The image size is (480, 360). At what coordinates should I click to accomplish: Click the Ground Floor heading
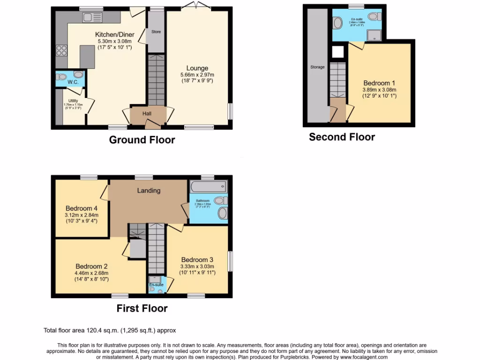142,140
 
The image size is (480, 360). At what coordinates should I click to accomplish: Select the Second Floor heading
342,137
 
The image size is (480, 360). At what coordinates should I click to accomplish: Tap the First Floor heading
142,308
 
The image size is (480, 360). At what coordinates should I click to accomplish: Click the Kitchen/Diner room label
115,34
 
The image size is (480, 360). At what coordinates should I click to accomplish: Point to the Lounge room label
197,68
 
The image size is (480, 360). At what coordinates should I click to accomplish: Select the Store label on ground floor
156,32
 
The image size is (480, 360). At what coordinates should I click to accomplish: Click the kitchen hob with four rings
61,50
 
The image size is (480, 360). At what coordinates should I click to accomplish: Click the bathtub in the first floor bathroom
208,187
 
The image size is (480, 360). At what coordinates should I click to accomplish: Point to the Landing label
149,190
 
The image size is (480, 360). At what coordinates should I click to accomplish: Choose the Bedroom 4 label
82,208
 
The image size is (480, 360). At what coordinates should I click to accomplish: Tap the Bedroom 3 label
197,260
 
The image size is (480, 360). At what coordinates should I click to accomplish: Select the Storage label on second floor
317,67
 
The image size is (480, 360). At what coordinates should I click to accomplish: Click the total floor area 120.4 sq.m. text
110,330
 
